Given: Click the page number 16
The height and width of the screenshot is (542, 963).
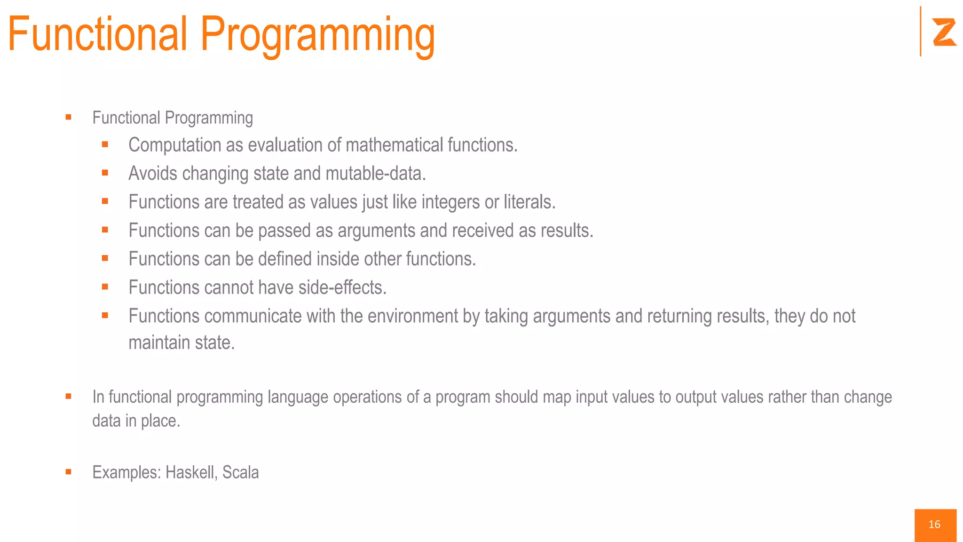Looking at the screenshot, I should point(934,525).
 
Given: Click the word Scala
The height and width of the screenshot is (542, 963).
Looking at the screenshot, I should point(240,472).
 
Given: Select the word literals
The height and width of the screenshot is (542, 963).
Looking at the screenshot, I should point(529,202).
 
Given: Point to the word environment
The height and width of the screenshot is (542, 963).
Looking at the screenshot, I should point(412,316).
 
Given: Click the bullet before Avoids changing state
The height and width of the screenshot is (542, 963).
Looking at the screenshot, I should point(105,173).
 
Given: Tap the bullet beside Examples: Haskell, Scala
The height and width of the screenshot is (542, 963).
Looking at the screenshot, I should point(69,472).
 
